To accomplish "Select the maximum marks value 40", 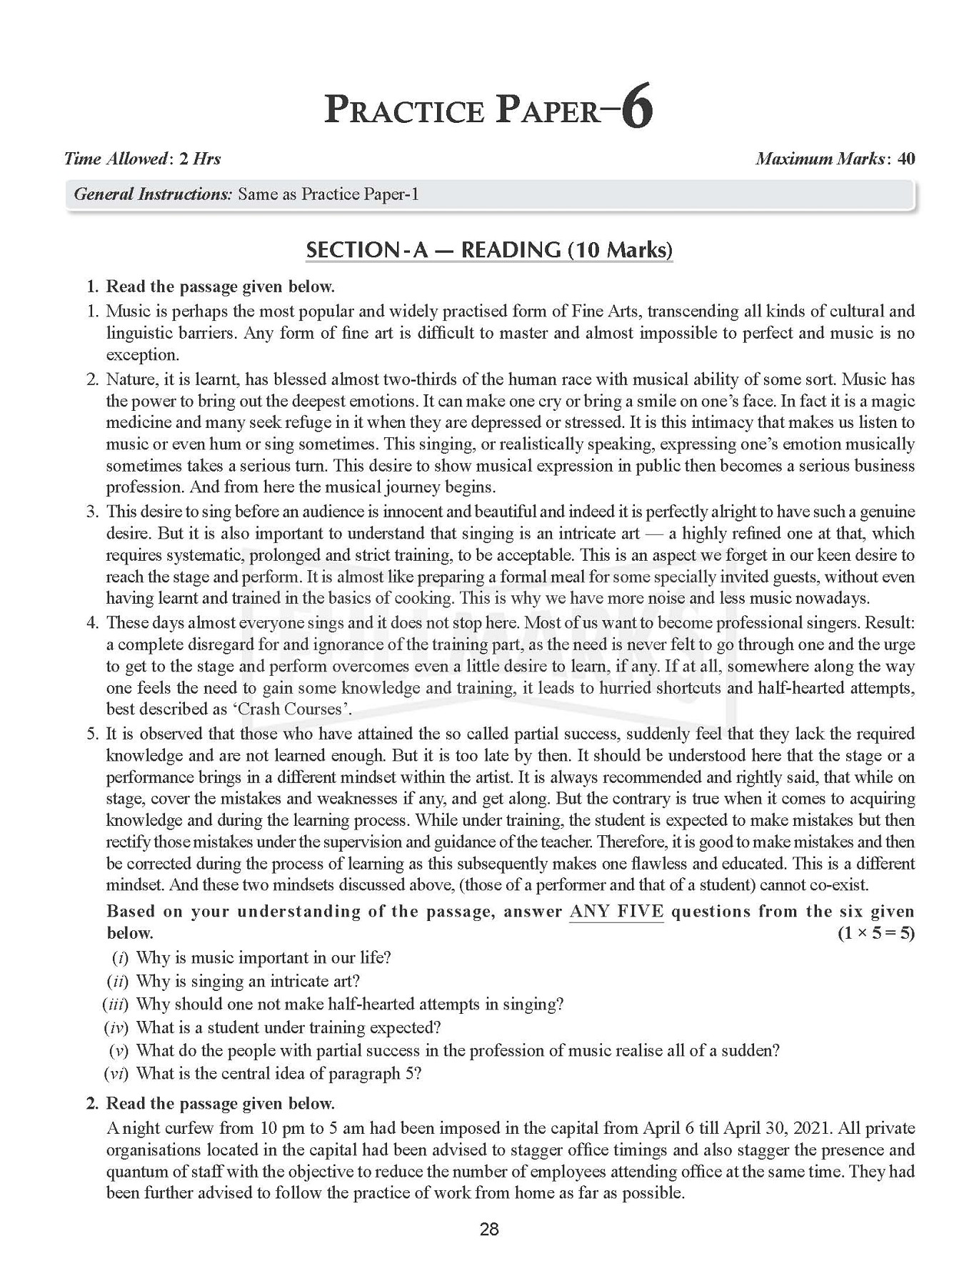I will [x=905, y=159].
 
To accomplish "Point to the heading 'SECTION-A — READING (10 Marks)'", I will [x=489, y=250].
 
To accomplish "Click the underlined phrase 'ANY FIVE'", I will [x=616, y=912].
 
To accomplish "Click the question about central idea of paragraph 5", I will [x=278, y=1074].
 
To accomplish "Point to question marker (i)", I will [x=120, y=957].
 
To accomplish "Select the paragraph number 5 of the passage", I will [x=91, y=734].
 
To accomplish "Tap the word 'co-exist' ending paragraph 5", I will [x=838, y=885].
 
